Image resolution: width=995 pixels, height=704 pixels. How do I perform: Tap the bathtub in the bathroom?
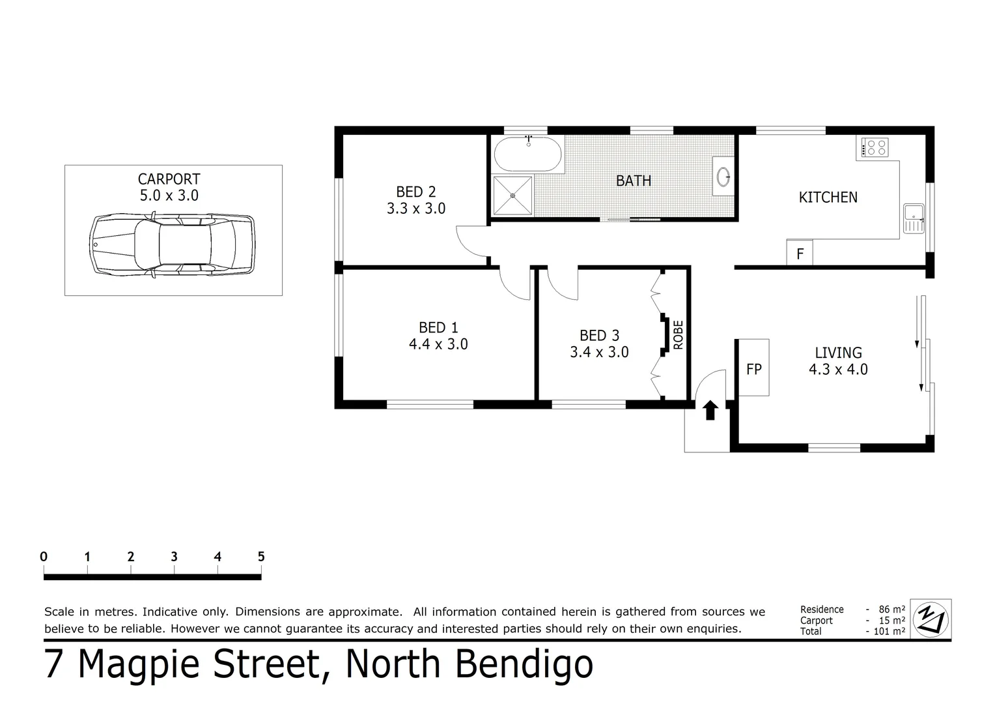(527, 154)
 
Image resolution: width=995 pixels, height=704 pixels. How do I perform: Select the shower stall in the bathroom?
(513, 196)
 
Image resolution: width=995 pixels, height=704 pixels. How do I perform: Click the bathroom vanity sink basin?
(723, 176)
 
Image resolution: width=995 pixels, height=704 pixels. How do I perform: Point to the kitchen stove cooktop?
(874, 147)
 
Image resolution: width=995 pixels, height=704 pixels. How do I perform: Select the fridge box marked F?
(800, 253)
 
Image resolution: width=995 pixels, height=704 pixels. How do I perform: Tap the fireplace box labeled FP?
(753, 368)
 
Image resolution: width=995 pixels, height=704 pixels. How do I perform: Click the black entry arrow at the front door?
(710, 410)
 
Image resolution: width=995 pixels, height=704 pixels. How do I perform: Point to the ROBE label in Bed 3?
(678, 334)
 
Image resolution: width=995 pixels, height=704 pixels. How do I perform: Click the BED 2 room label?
(415, 192)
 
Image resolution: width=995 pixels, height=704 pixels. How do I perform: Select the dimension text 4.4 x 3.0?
(438, 344)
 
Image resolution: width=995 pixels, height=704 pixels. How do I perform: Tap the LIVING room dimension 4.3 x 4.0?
(838, 370)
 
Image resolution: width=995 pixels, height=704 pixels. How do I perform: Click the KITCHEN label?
(828, 197)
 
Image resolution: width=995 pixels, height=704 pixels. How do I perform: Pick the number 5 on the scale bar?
(261, 557)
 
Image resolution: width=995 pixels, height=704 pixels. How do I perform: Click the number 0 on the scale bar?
(44, 557)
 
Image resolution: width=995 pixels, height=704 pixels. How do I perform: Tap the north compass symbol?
(931, 619)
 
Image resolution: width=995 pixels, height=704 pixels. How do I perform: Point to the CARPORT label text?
(169, 179)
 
